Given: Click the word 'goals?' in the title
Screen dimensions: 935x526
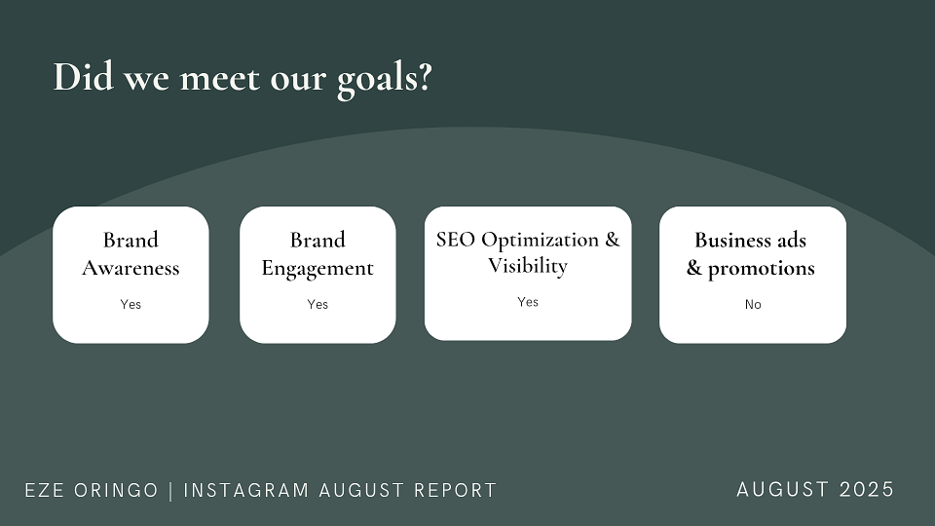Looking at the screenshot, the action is [x=385, y=79].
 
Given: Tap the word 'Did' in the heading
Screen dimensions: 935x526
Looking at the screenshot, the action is [x=84, y=77].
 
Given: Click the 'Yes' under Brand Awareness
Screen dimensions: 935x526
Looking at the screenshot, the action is [x=131, y=304].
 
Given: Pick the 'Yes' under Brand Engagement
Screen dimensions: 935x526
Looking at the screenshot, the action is [x=318, y=304].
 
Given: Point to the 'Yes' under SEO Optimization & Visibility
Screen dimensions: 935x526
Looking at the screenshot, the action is [x=528, y=302].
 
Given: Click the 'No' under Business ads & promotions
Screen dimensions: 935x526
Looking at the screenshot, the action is [x=753, y=304].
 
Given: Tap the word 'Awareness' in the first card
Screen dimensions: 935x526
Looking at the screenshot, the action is [x=131, y=268].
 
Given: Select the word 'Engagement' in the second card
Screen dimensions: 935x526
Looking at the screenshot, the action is [x=318, y=269].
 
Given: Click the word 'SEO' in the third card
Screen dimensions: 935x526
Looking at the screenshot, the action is [x=456, y=240].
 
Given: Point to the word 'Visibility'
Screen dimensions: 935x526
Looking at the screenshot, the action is [x=528, y=266].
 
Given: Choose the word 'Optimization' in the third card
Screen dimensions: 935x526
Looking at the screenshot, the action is [x=541, y=241].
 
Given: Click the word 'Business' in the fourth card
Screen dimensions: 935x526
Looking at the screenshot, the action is [x=733, y=240].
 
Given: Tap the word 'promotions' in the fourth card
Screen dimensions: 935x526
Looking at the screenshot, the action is [x=762, y=269].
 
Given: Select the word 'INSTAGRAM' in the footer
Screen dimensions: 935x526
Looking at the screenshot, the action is [x=246, y=490].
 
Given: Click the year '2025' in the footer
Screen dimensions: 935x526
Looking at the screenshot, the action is [x=867, y=490].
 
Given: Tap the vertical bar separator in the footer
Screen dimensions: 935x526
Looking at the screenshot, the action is [x=171, y=491].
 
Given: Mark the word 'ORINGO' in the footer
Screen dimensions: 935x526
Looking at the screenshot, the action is [x=116, y=490].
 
